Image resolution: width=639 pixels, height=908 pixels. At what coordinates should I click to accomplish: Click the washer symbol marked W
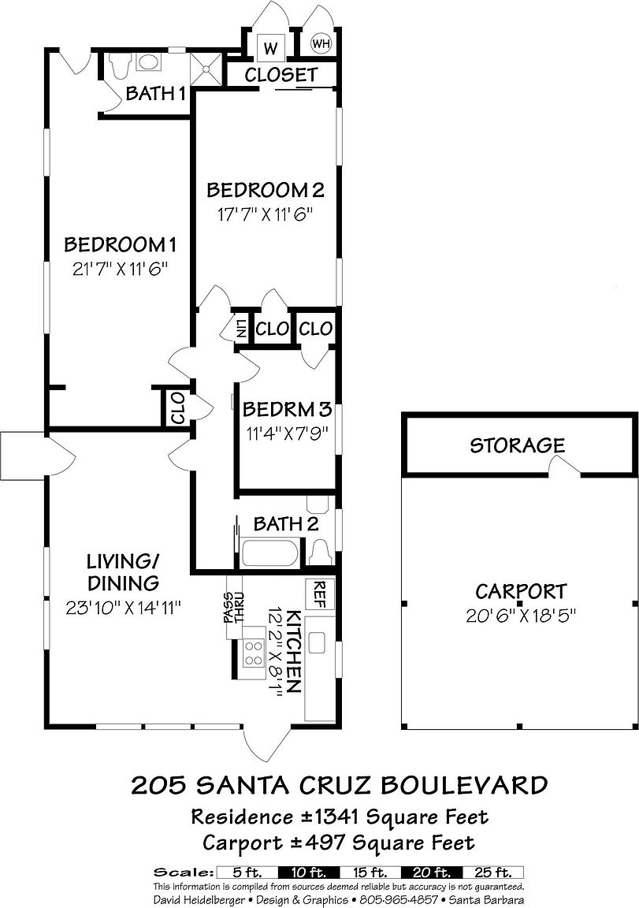pos(270,47)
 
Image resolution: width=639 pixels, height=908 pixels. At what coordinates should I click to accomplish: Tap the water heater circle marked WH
pos(320,43)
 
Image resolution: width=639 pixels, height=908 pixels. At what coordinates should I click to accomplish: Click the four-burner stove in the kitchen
pos(253,653)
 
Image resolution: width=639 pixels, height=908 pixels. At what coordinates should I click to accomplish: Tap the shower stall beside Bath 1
pos(206,69)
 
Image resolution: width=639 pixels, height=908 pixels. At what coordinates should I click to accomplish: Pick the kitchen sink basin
pos(318,642)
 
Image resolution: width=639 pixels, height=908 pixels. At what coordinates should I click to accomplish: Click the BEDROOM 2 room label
pos(265,190)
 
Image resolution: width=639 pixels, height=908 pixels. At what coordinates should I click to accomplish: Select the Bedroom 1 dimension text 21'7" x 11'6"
pos(121,270)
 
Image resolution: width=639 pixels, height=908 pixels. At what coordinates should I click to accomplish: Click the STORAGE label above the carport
pos(517,445)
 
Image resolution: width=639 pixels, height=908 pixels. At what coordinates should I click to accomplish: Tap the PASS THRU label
pos(235,608)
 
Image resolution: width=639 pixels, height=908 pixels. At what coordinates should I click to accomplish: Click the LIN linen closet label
pos(241,329)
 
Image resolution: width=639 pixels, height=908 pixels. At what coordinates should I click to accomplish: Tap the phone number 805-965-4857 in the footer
pos(399,900)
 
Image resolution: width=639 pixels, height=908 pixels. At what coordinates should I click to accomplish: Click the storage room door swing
pos(564,465)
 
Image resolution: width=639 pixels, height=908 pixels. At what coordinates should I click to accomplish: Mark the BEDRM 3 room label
pos(287,409)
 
